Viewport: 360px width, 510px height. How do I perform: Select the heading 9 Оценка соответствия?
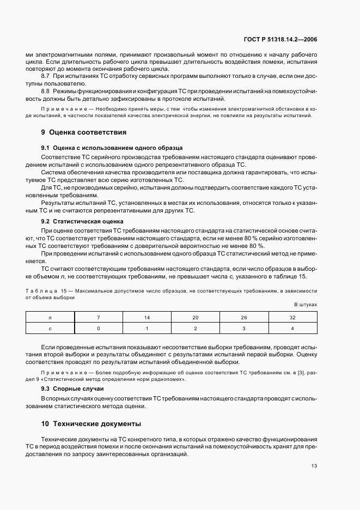(x=84, y=132)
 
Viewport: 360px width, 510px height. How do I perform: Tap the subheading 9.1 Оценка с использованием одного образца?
(x=112, y=148)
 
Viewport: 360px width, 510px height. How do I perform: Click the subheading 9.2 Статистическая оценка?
(x=82, y=222)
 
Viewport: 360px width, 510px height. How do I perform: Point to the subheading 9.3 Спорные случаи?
(x=72, y=388)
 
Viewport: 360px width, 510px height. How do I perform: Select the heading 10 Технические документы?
(x=91, y=423)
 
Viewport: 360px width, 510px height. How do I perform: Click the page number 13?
(x=314, y=465)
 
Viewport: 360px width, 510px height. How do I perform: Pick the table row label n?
(x=50, y=317)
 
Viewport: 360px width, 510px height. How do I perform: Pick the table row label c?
(x=50, y=328)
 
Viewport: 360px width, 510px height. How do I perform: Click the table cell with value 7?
(x=99, y=317)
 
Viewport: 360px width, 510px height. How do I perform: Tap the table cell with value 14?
(x=147, y=317)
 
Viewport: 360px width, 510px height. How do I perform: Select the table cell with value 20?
(x=196, y=317)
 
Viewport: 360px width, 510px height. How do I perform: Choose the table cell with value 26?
(x=244, y=317)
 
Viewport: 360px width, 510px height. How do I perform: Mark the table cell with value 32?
(x=292, y=317)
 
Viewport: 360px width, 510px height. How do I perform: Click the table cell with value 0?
(x=99, y=328)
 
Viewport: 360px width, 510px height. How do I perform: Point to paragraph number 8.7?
(x=46, y=76)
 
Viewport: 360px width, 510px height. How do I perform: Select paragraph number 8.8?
(x=46, y=92)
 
